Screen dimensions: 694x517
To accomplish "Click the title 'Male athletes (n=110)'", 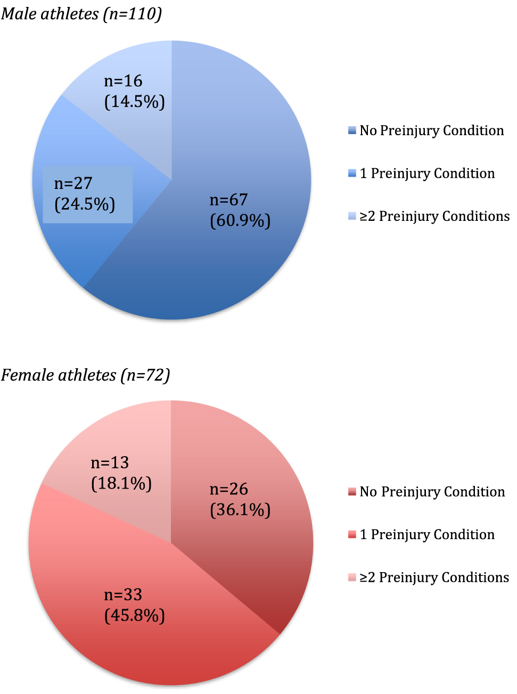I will tap(81, 13).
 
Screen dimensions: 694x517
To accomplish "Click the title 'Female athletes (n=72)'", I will tap(85, 375).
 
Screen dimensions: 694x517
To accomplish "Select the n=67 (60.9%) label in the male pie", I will tap(240, 210).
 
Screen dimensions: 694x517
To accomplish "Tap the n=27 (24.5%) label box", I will tap(87, 194).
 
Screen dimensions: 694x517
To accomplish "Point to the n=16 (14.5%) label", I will tap(134, 91).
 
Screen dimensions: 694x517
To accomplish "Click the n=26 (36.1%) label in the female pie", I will tap(240, 499).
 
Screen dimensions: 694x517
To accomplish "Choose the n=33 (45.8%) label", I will tap(134, 605).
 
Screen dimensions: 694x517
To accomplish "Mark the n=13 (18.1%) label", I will tap(121, 473).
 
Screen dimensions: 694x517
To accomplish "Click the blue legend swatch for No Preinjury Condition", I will tap(352, 130).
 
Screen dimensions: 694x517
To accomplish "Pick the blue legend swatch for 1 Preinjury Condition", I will tap(352, 173).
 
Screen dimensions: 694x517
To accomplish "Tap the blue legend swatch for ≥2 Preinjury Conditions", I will tap(352, 216).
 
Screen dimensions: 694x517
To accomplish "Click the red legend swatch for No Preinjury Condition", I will tap(352, 492).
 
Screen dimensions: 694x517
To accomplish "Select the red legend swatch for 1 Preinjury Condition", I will tap(352, 534).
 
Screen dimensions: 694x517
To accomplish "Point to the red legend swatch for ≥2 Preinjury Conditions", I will tap(352, 577).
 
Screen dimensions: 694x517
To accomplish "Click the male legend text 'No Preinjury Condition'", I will tap(432, 130).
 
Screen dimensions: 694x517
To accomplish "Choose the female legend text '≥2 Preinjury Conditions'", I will tap(434, 577).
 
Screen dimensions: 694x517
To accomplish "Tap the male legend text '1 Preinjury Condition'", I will tap(427, 173).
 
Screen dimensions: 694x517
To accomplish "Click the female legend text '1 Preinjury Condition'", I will tap(427, 534).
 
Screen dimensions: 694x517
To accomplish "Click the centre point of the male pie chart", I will tap(172, 180).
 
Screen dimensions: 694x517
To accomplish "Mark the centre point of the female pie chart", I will tap(171, 543).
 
